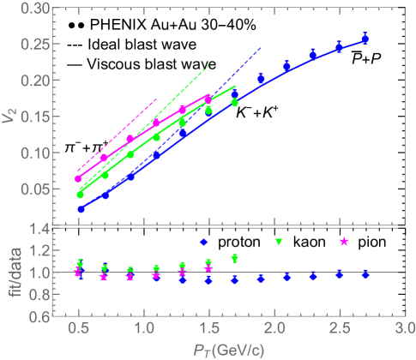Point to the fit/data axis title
(10, 272)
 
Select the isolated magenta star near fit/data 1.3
(344, 242)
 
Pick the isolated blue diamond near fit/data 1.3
(203, 242)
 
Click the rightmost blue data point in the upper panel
(365, 39)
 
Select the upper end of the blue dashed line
(261, 49)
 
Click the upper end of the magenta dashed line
(157, 99)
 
